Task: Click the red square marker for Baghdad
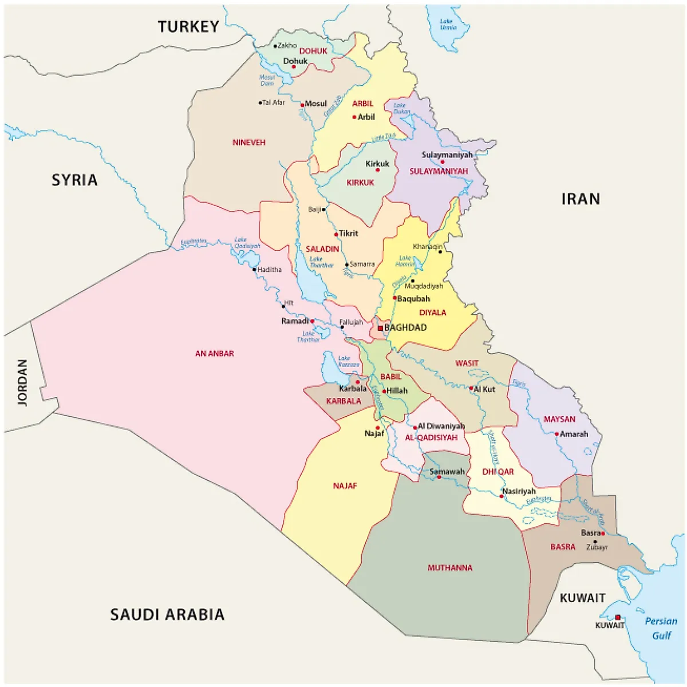(380, 328)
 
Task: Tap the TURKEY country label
(188, 26)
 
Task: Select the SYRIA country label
(74, 180)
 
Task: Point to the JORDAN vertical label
(22, 382)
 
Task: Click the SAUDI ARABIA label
(167, 614)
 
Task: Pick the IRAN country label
(581, 199)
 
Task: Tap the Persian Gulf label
(661, 628)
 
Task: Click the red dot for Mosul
(302, 105)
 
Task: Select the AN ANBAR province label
(214, 354)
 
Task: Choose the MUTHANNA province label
(450, 568)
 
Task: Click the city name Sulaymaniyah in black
(447, 155)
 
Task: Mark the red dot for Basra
(603, 534)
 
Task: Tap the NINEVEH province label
(248, 142)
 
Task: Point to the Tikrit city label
(348, 233)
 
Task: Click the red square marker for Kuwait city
(618, 617)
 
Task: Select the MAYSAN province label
(559, 419)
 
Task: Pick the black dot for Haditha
(254, 269)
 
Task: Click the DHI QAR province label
(498, 472)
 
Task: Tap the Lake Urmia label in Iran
(447, 24)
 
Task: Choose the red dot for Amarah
(556, 434)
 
